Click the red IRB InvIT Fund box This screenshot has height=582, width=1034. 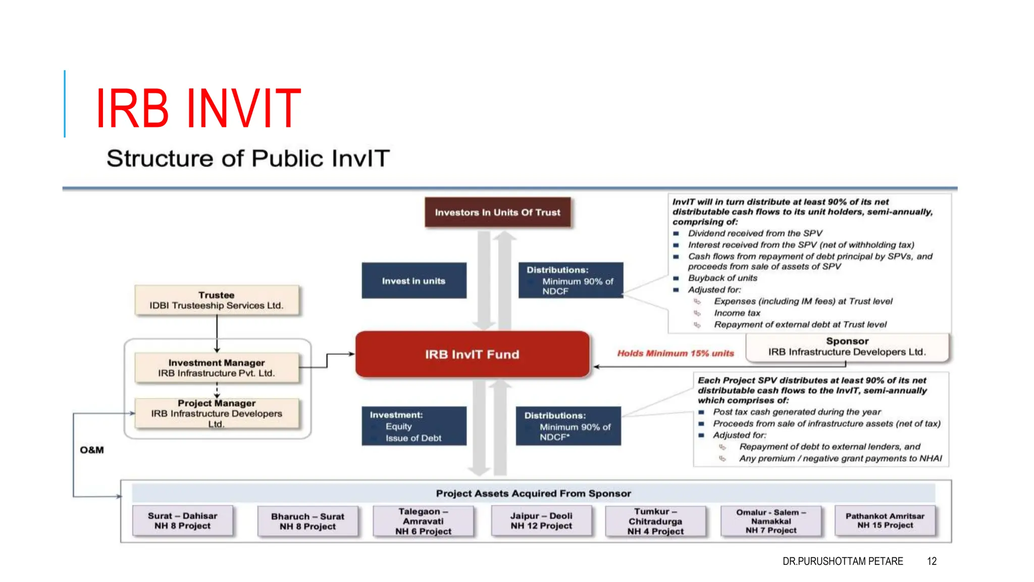472,354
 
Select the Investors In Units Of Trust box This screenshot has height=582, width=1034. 497,212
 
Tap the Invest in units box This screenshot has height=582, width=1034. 413,281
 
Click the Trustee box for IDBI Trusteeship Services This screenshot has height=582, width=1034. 217,300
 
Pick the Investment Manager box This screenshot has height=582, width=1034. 217,368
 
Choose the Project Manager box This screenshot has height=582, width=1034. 217,413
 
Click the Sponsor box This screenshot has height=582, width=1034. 847,347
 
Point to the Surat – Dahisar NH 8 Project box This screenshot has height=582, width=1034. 183,521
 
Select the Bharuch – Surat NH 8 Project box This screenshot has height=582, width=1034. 307,521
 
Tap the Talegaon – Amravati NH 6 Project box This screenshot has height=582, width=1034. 423,521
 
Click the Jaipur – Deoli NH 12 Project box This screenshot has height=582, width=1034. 541,521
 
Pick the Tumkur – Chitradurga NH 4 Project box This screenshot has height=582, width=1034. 655,521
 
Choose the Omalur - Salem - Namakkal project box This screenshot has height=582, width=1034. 771,521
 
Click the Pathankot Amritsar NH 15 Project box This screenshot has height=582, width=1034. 885,521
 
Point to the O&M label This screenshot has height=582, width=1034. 92,450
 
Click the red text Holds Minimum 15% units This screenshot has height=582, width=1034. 676,353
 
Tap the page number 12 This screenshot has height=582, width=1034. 932,561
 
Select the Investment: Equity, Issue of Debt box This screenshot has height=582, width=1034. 413,426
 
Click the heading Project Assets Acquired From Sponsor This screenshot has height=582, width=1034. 533,493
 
